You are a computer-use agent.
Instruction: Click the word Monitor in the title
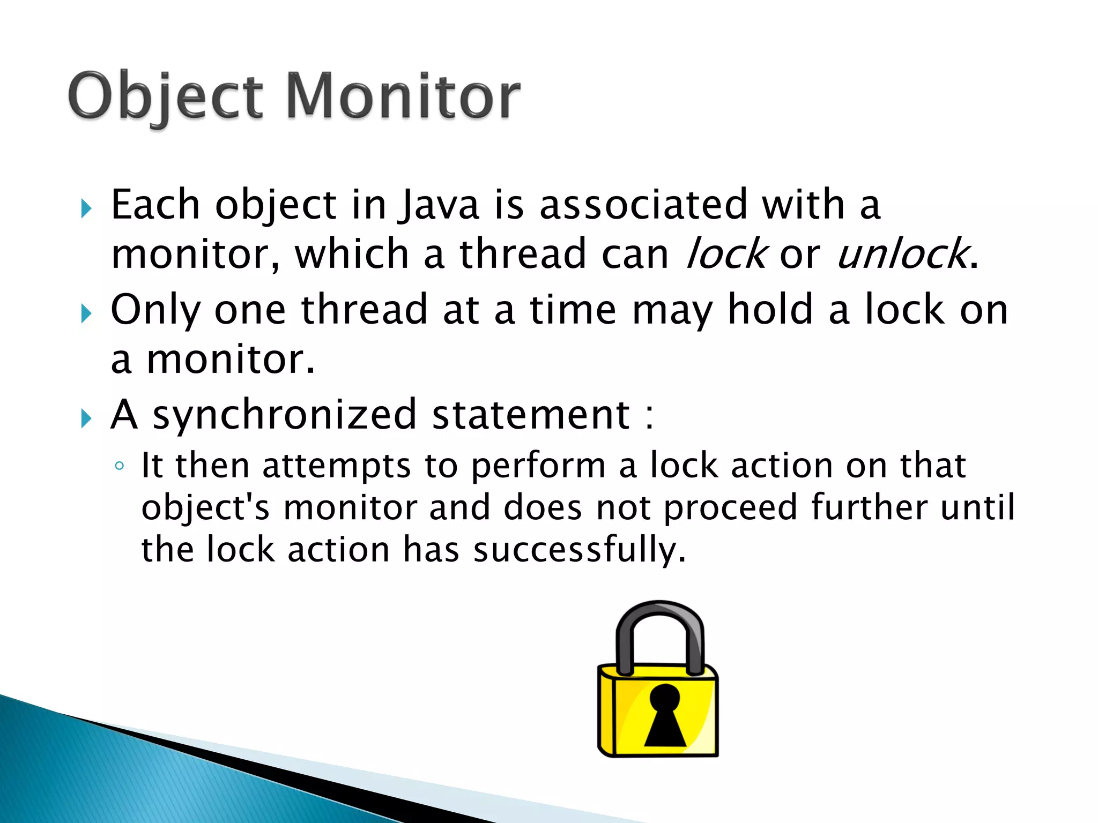403,96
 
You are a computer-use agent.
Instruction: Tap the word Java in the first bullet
439,205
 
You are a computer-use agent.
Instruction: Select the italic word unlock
902,254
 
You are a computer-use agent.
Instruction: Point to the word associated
643,205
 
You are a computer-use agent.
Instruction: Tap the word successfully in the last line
579,551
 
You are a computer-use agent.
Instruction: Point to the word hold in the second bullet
770,310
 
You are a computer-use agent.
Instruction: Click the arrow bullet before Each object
86,208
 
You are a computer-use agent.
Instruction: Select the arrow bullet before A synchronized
86,418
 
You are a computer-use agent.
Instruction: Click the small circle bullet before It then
120,466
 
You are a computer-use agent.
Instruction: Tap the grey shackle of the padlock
660,616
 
